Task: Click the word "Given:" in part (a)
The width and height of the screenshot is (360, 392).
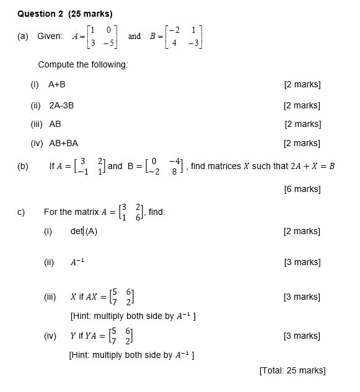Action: pyautogui.click(x=50, y=36)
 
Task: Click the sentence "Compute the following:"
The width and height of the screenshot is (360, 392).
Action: pyautogui.click(x=83, y=65)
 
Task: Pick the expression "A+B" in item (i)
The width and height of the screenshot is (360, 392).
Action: pyautogui.click(x=57, y=84)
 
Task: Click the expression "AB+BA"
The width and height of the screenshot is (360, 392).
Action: pyautogui.click(x=63, y=143)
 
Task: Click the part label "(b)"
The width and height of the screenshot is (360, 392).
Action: pyautogui.click(x=23, y=166)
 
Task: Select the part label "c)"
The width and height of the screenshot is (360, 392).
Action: pyautogui.click(x=22, y=212)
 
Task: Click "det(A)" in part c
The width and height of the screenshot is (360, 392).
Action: pyautogui.click(x=84, y=231)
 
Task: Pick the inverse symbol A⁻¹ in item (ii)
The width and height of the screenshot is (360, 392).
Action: pyautogui.click(x=77, y=262)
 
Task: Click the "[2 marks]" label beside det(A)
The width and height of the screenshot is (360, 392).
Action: pyautogui.click(x=302, y=231)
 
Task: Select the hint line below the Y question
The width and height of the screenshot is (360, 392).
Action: pyautogui.click(x=133, y=355)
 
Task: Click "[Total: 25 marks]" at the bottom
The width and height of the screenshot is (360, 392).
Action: pyautogui.click(x=292, y=370)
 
